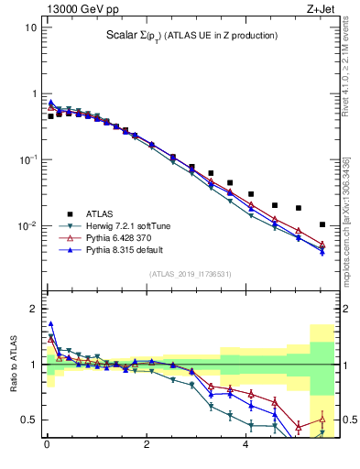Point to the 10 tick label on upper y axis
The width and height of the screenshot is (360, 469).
click(x=30, y=27)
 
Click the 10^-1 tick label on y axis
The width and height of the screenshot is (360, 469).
click(x=27, y=160)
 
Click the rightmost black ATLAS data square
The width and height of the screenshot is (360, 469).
click(x=322, y=224)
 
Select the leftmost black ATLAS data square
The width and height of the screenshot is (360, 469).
click(x=50, y=116)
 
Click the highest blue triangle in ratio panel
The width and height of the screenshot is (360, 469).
click(x=50, y=323)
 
